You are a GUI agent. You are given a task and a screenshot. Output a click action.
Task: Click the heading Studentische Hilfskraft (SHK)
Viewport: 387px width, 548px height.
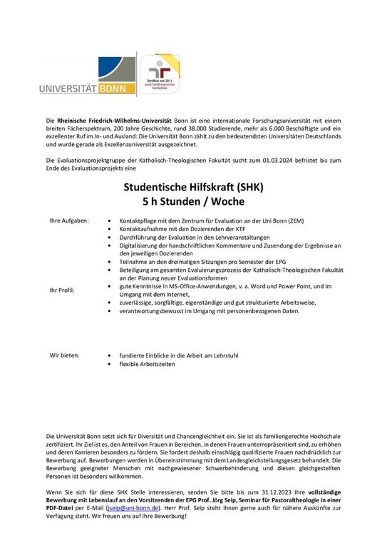193,189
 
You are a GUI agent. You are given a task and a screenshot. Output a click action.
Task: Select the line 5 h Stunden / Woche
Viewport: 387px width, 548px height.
193,202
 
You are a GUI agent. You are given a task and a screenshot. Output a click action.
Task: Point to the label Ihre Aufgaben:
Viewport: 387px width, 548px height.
68,220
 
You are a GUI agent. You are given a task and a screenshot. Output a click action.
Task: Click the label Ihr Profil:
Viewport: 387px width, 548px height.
63,290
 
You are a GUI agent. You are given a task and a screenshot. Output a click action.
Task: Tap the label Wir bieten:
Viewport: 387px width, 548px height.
64,354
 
